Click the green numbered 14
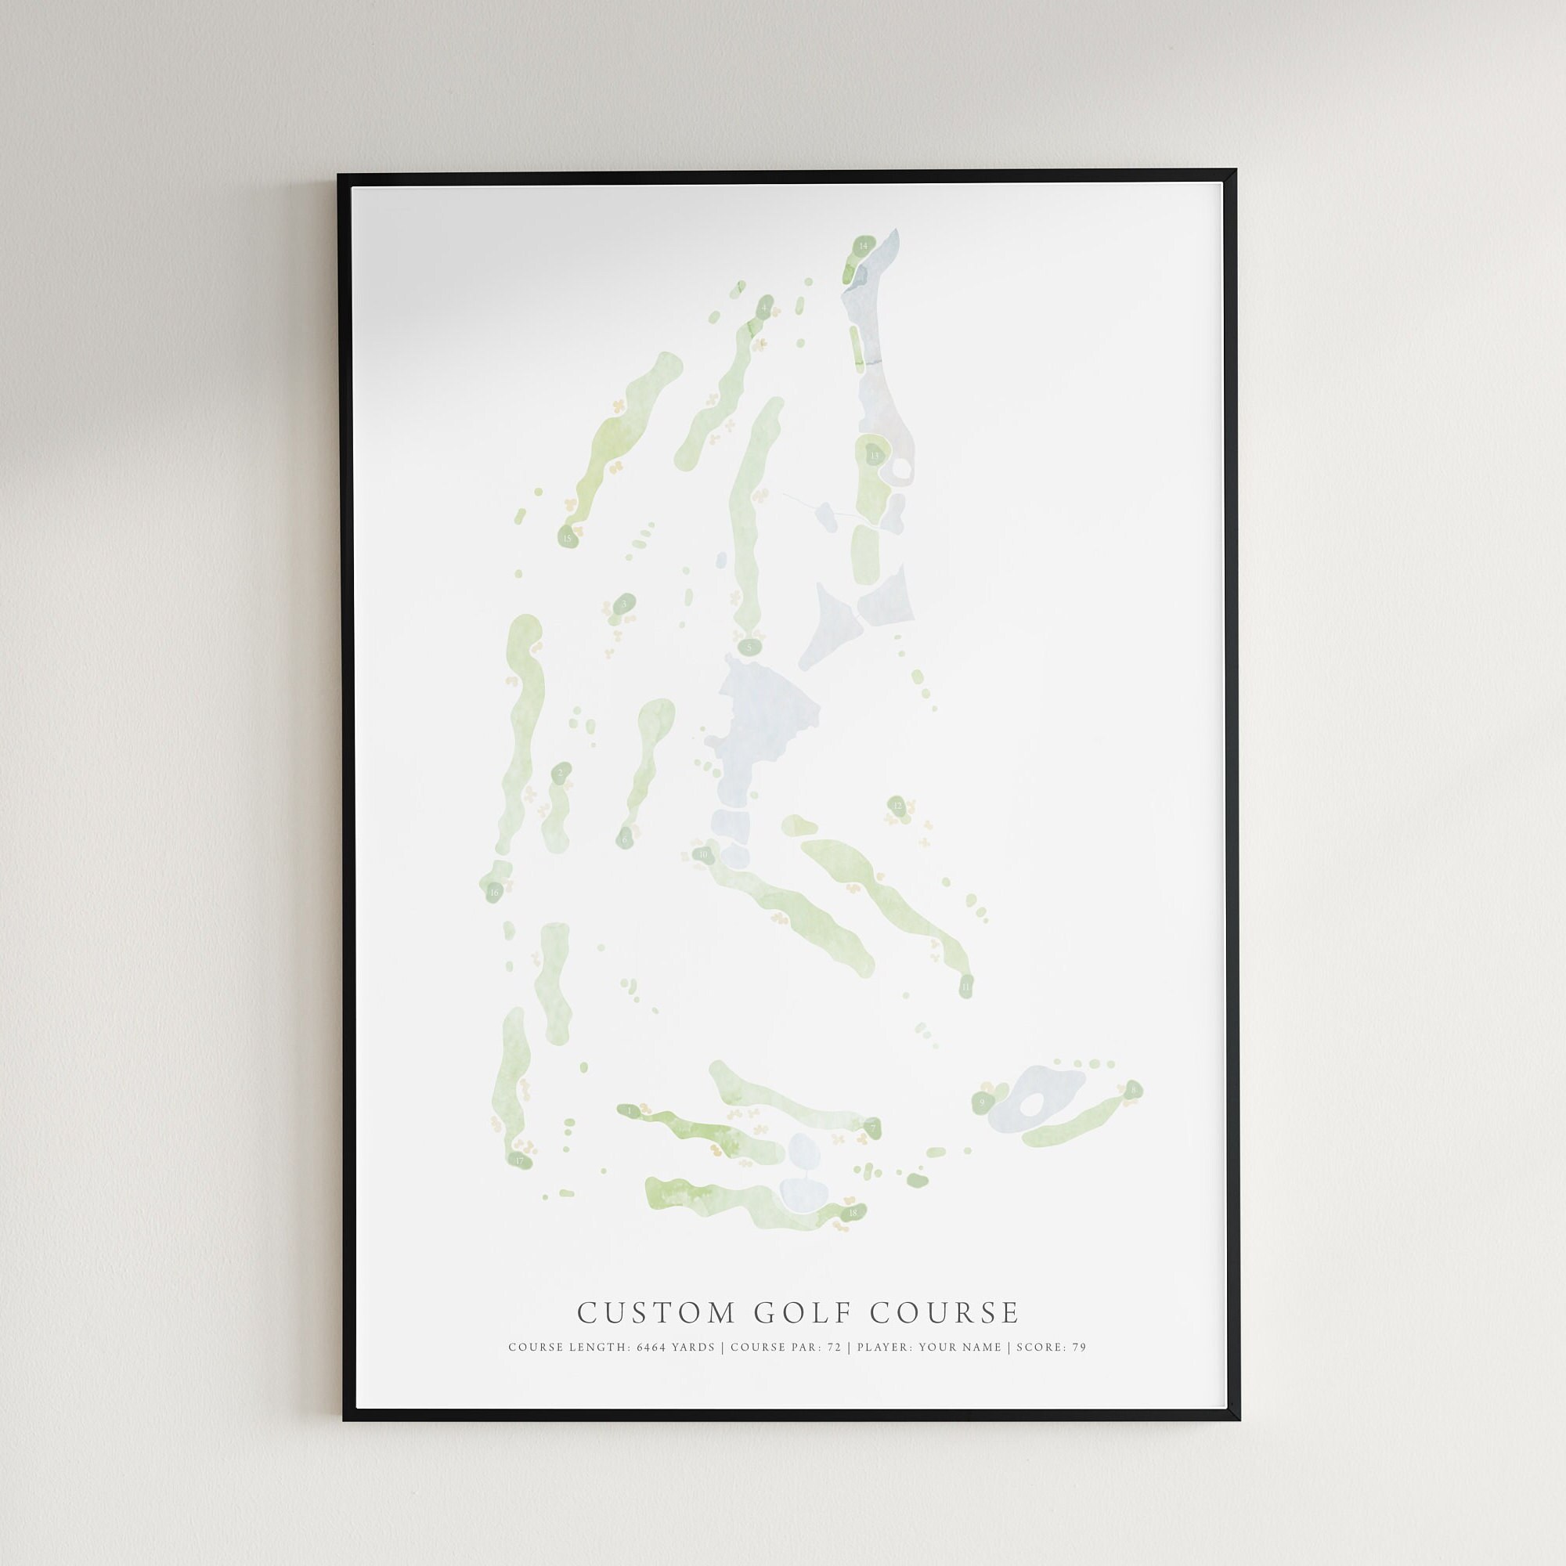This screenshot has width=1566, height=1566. tap(863, 244)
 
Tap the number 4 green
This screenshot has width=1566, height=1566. tap(764, 308)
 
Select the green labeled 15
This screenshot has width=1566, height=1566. tap(567, 536)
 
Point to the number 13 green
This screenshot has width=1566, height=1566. tap(874, 456)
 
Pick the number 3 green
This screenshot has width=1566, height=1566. tap(624, 604)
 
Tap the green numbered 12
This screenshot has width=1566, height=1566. tap(897, 805)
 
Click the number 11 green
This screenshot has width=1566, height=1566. tap(965, 987)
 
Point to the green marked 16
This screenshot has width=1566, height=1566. tap(493, 893)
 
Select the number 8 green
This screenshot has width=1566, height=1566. tap(1132, 1088)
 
